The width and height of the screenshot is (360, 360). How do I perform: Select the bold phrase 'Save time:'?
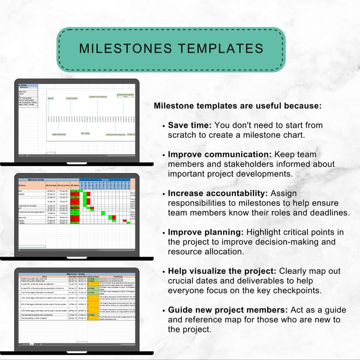point(190,125)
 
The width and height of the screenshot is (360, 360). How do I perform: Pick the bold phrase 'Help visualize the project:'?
point(223,271)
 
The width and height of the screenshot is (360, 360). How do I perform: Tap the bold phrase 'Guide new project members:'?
point(227,310)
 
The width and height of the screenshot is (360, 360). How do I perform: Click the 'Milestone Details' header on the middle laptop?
point(36,180)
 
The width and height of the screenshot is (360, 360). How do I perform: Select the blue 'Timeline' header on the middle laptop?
point(105,180)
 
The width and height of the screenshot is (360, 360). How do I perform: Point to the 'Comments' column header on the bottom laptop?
point(118,277)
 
